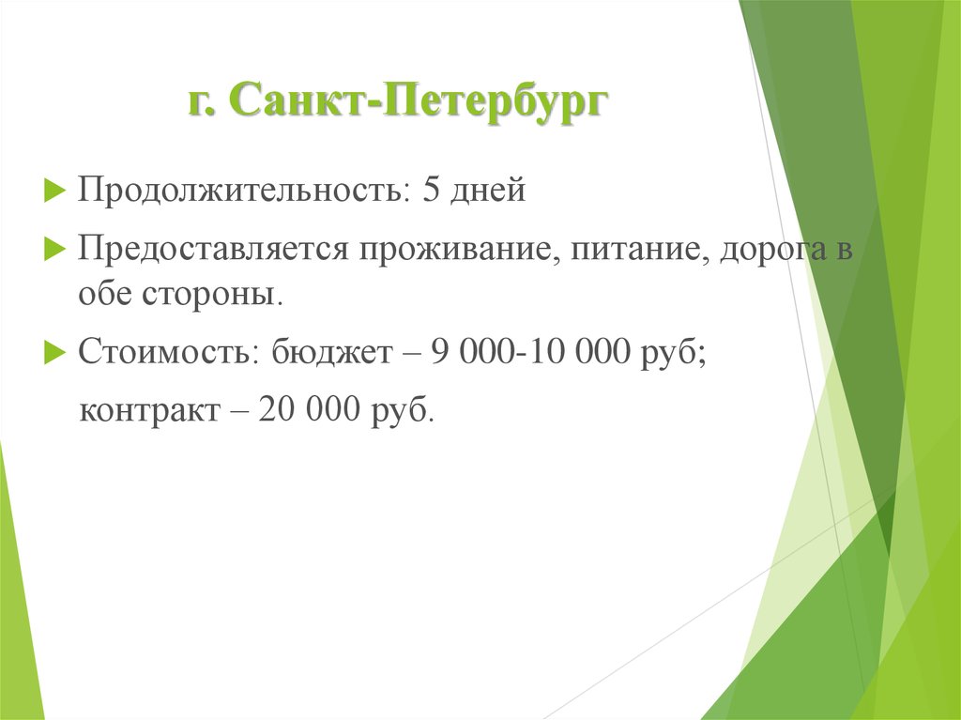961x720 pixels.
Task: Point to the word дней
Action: point(488,192)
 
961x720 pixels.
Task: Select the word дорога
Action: point(767,252)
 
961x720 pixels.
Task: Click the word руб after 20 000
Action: point(405,411)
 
